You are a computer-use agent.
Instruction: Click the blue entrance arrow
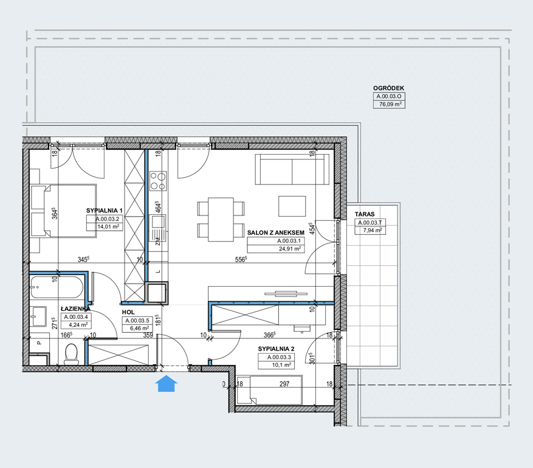pos(167,383)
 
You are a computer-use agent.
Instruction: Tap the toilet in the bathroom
pos(71,354)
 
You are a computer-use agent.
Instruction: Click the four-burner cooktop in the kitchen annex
pos(158,181)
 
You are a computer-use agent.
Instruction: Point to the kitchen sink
pos(157,222)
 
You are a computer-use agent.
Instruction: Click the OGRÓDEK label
pos(388,88)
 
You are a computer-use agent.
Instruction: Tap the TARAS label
pos(365,214)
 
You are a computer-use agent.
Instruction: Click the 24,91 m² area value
pos(290,248)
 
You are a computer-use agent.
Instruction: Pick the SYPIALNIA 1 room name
pos(104,211)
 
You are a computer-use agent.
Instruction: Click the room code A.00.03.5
pos(137,320)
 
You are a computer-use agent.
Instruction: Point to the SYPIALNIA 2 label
pos(276,349)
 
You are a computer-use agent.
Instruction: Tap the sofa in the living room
pos(292,169)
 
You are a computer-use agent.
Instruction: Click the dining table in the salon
pos(221,219)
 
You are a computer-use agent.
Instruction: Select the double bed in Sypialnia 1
pos(63,211)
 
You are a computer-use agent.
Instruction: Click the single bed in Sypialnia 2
pos(269,389)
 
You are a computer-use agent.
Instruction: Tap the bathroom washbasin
pos(38,316)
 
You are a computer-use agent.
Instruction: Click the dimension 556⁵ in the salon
pos(241,259)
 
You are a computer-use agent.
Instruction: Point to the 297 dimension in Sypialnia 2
pos(284,384)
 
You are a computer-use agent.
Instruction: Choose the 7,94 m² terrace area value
pos(373,231)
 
